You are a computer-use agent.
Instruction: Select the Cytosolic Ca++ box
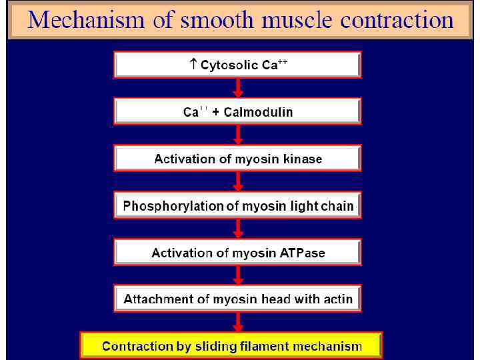pos(237,65)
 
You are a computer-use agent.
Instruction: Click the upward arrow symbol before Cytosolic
pos(193,65)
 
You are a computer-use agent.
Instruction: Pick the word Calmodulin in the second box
pos(258,112)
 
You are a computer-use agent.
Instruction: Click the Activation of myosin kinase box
pos(237,159)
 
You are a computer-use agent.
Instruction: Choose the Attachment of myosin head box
pos(237,299)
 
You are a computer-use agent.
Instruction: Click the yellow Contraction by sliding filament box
pos(231,346)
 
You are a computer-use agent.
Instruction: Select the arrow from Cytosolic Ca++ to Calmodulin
pos(238,88)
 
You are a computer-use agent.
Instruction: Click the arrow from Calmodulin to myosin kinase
pos(238,135)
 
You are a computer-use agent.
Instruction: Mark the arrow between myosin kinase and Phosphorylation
pos(238,181)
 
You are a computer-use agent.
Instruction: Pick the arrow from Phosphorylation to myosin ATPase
pos(238,229)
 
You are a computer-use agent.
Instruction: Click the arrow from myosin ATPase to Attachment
pos(238,275)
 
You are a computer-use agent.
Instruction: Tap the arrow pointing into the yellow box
pos(238,322)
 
